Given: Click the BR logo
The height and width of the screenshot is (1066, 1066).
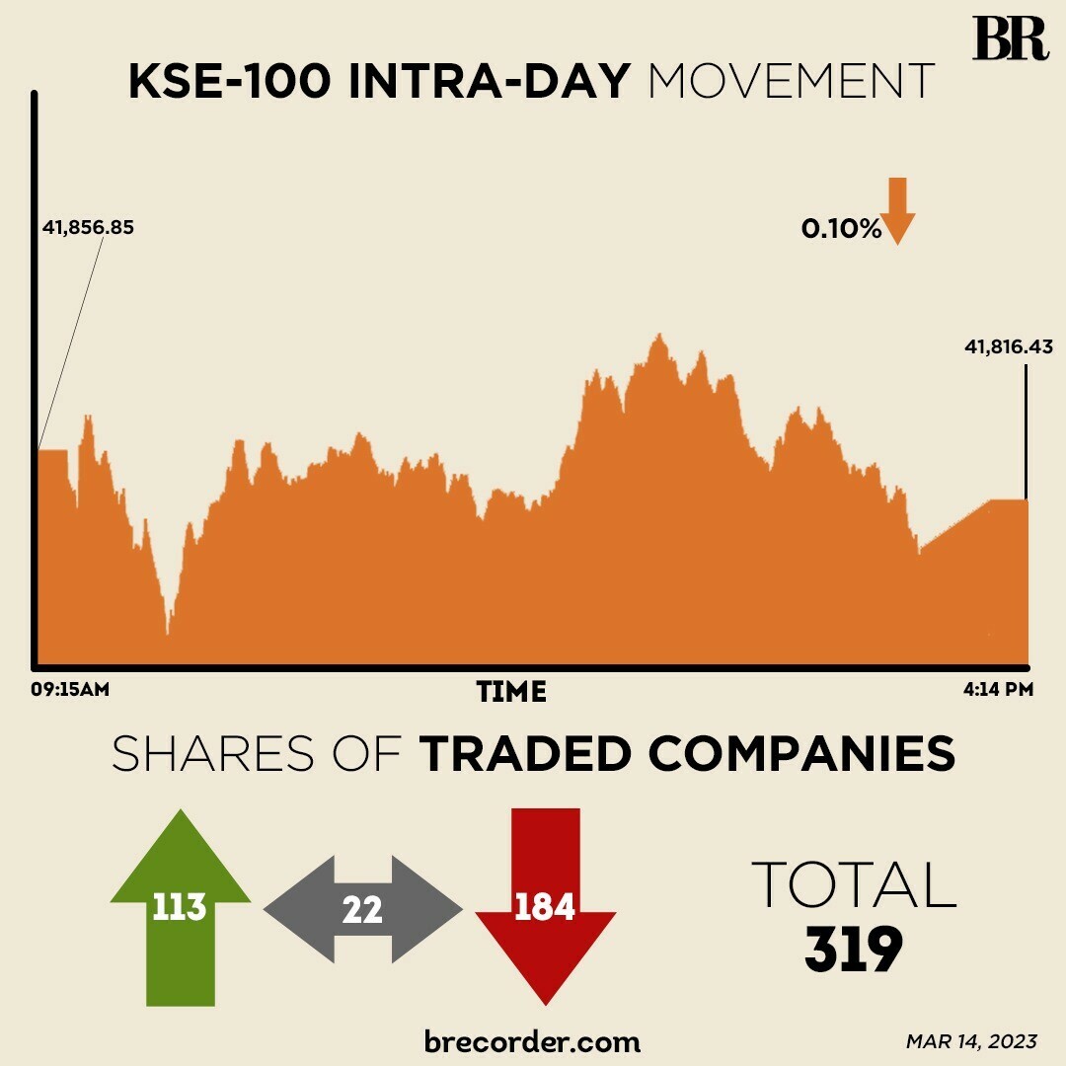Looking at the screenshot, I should (1009, 39).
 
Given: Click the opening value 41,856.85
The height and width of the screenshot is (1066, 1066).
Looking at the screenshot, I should (88, 228).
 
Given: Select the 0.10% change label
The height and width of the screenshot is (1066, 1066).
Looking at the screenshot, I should (840, 229).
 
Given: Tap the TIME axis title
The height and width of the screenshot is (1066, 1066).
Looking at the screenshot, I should (511, 692).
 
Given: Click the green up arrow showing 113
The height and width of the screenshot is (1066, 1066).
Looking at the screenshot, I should (180, 903).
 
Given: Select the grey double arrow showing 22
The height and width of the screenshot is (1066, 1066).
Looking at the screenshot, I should (362, 909).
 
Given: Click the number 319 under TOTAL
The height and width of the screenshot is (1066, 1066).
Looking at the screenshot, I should (853, 951).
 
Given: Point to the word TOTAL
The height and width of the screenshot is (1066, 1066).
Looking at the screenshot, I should (854, 884).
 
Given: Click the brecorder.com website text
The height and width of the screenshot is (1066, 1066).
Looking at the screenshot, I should (532, 1040).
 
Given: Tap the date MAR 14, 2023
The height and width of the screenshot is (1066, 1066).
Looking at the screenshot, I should (971, 1041).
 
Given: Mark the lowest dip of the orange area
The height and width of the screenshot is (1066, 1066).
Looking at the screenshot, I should (169, 632).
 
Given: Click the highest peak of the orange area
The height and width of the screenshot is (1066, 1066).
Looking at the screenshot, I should (658, 338).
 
